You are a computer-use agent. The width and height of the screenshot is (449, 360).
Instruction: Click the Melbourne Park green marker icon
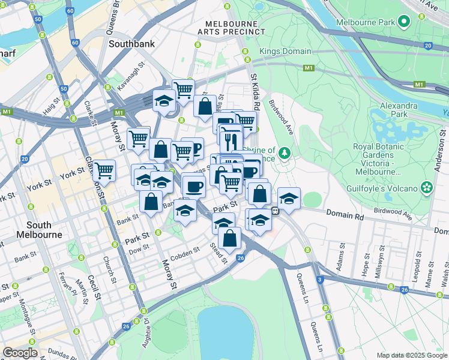[404, 22]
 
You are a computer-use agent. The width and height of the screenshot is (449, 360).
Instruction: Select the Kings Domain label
[282, 52]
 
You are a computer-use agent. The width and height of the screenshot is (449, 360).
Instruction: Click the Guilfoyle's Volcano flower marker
[427, 188]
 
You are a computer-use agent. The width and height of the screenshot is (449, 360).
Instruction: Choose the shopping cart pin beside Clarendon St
[104, 171]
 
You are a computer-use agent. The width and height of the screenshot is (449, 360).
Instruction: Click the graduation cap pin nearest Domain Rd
[289, 199]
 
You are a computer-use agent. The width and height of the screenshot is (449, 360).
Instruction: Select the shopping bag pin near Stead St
[230, 238]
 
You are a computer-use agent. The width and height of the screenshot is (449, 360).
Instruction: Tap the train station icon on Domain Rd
[275, 211]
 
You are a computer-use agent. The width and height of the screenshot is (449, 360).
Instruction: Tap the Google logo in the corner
[20, 352]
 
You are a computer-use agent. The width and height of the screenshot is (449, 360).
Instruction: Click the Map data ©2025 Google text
[411, 355]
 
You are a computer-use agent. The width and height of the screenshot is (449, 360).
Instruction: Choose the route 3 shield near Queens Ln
[320, 280]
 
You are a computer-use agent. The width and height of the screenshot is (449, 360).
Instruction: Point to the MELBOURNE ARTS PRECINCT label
[231, 27]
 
